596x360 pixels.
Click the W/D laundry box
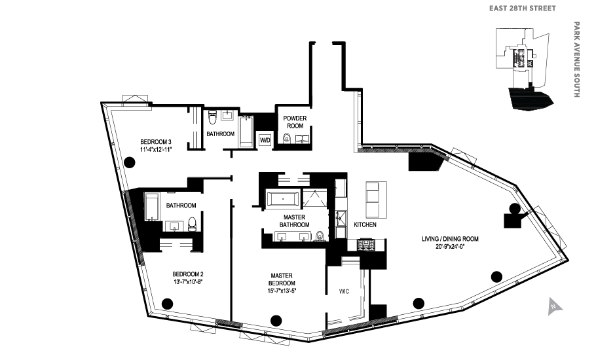pyautogui.click(x=265, y=140)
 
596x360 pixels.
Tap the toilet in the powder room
pyautogui.click(x=286, y=138)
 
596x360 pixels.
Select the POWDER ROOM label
pyautogui.click(x=295, y=122)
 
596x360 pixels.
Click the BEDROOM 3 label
pyautogui.click(x=156, y=142)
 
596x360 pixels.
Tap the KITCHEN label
pyautogui.click(x=365, y=225)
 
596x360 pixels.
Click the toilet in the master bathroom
pyautogui.click(x=320, y=236)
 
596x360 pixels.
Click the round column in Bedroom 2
pyautogui.click(x=167, y=303)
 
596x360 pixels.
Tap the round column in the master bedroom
pyautogui.click(x=276, y=320)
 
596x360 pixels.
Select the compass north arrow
pyautogui.click(x=553, y=304)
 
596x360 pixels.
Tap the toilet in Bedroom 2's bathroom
pyautogui.click(x=192, y=223)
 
